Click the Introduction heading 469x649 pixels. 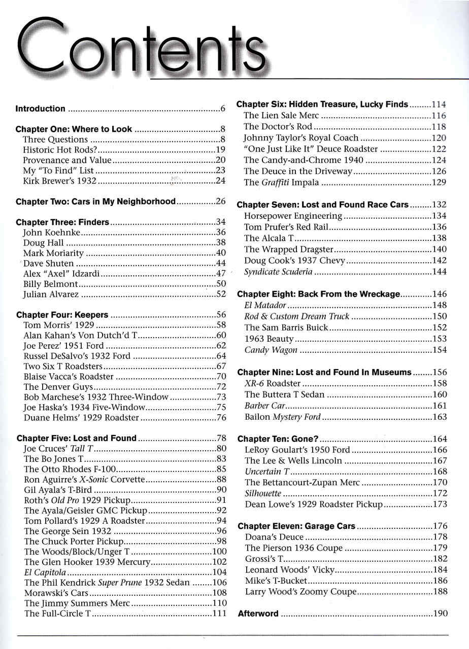[x=41, y=109]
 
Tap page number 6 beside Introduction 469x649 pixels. [x=223, y=109]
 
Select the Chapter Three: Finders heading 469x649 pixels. [x=62, y=222]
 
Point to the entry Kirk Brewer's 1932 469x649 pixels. [x=60, y=181]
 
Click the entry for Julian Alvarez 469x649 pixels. [x=51, y=294]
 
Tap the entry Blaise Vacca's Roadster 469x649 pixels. [x=69, y=376]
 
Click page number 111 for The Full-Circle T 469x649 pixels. [x=219, y=614]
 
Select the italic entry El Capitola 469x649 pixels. [x=45, y=572]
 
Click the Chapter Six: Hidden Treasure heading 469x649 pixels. [x=322, y=104]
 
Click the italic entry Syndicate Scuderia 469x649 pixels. [x=278, y=272]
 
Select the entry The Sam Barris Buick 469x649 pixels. [x=286, y=328]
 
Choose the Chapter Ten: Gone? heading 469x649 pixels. [x=278, y=439]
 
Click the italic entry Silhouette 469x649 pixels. [x=263, y=493]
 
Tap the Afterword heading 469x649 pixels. [x=258, y=614]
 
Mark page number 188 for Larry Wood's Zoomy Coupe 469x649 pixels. [x=440, y=592]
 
